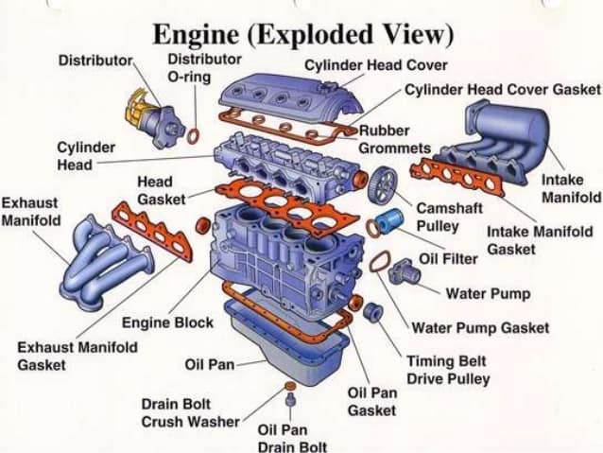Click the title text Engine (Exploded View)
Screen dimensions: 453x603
303,35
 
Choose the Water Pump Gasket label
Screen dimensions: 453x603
480,327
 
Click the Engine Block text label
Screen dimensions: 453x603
167,322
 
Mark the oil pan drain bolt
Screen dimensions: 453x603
290,409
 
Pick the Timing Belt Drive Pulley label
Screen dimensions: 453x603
448,370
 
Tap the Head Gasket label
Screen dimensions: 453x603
161,190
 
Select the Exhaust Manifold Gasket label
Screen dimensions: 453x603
77,356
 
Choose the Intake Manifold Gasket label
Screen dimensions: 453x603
540,240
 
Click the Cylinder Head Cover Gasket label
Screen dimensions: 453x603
503,88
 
